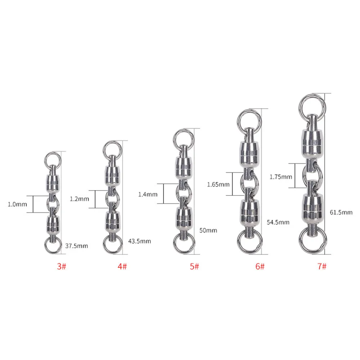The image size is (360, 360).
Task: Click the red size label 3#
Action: pos(62,266)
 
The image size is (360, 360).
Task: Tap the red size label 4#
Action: pos(122,266)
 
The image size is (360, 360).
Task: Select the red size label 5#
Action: pos(194,266)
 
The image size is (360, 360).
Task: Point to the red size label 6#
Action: pos(260,266)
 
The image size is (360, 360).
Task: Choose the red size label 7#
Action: pos(322,266)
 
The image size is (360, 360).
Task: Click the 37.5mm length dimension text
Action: pos(76,246)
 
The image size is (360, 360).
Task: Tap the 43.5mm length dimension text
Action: pos(139,241)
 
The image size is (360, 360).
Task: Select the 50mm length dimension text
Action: pos(208,230)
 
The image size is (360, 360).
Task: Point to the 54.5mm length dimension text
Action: pos(278,222)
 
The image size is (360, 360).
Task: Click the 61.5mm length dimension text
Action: pos(341,212)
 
